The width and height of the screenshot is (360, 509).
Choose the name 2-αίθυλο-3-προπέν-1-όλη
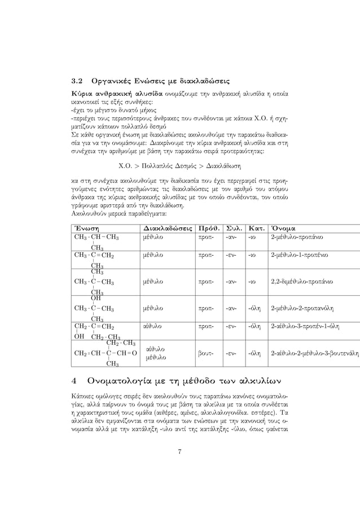[x=308, y=326]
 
